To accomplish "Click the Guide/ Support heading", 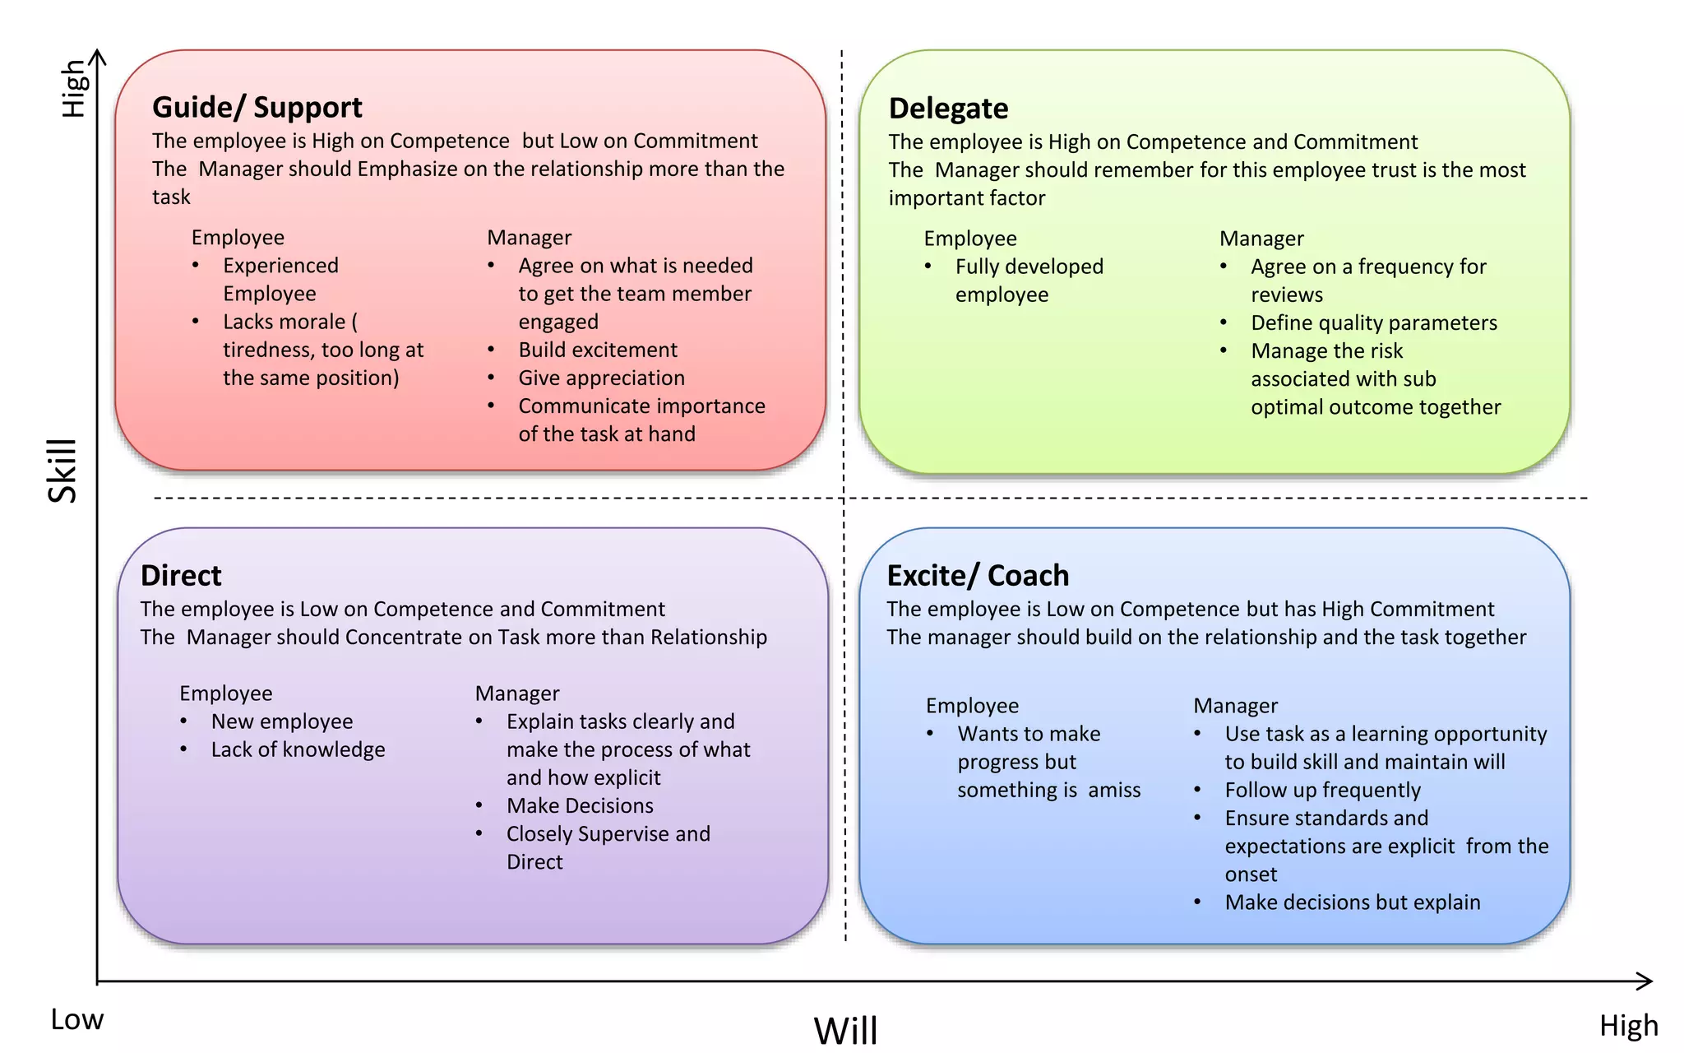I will (257, 108).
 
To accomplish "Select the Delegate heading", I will (948, 109).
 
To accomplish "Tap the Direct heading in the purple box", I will (181, 575).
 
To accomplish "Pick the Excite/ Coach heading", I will (978, 575).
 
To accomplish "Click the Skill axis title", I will (62, 471).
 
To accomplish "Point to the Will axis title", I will (845, 1030).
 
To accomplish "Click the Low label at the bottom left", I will (77, 1019).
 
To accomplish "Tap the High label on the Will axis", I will (1628, 1026).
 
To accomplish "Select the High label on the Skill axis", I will (74, 88).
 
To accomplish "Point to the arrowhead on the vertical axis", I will (98, 56).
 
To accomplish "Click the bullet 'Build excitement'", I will (598, 350).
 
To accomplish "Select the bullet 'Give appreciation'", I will (601, 378).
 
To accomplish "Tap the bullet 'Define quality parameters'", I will (1373, 322).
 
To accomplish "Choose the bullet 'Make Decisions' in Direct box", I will (580, 805).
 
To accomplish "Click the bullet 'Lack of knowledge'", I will (298, 749).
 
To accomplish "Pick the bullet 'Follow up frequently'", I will (1322, 790).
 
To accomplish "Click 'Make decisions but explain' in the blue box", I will (1352, 902).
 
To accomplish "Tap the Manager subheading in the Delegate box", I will (1261, 239).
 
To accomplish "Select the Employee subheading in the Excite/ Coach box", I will (972, 706).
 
